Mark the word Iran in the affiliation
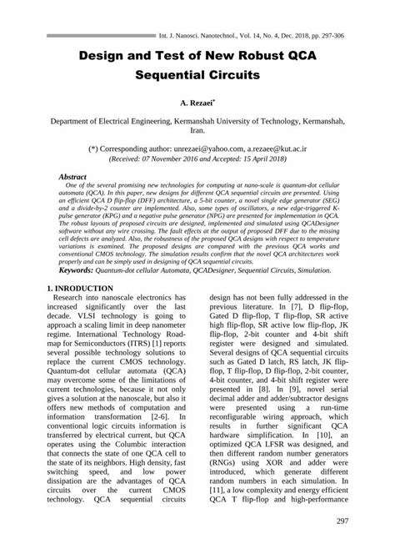click(197, 132)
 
